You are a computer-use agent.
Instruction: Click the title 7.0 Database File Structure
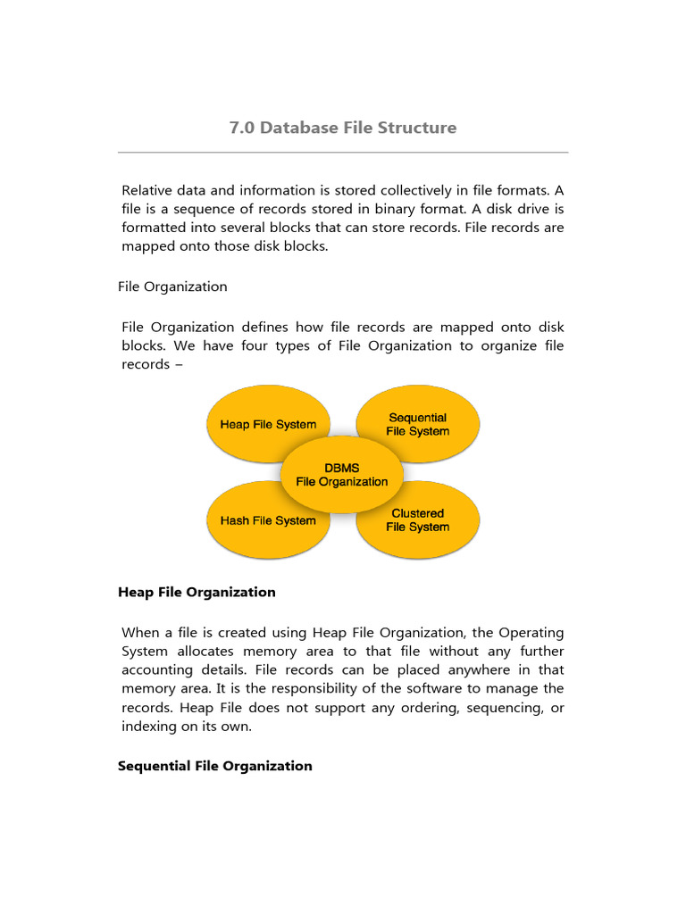coord(343,128)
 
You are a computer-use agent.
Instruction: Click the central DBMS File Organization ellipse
coord(342,475)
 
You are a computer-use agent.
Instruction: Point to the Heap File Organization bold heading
coord(197,592)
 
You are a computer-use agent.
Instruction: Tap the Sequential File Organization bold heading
coord(215,766)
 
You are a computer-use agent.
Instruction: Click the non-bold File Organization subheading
coord(172,287)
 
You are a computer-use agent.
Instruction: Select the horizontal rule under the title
coord(343,153)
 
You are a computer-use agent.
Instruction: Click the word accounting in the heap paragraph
coord(157,669)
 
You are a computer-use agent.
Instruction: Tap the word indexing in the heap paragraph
coord(148,726)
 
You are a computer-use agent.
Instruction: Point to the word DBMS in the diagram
coord(342,468)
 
